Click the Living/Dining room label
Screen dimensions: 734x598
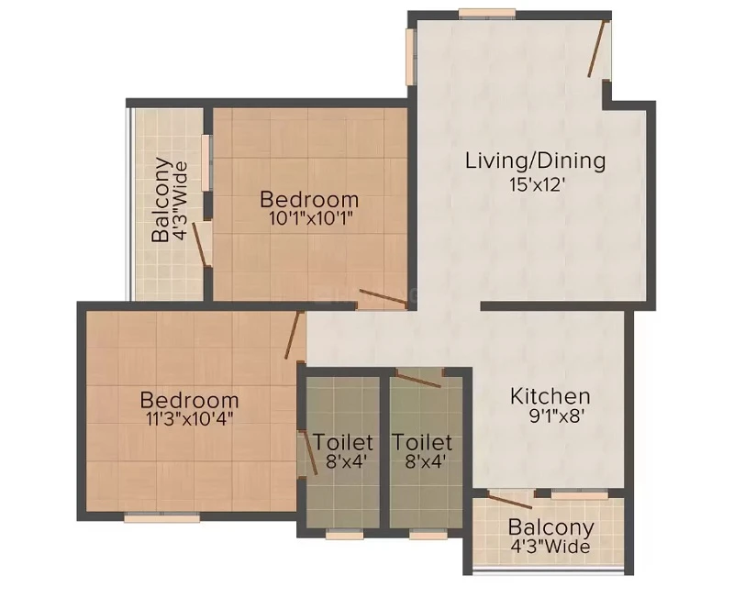[x=536, y=161]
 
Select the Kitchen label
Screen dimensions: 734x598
[x=550, y=396]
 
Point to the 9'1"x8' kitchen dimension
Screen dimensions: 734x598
[x=555, y=416]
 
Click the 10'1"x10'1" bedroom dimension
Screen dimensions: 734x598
[x=310, y=218]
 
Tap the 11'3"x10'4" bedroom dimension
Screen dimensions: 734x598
[x=190, y=418]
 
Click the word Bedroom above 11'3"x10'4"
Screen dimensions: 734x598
[x=190, y=401]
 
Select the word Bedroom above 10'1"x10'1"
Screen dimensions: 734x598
[x=309, y=200]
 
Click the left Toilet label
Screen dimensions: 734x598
[x=343, y=442]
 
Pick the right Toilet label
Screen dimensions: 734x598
[x=422, y=442]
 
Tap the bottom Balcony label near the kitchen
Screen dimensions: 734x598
[x=551, y=527]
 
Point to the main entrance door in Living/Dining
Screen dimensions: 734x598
[x=597, y=49]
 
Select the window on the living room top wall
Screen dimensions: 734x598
[x=487, y=14]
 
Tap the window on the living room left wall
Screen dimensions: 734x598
[x=410, y=57]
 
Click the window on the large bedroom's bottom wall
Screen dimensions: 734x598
[x=162, y=517]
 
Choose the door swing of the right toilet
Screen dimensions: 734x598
[x=418, y=379]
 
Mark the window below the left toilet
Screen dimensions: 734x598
[x=345, y=535]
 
